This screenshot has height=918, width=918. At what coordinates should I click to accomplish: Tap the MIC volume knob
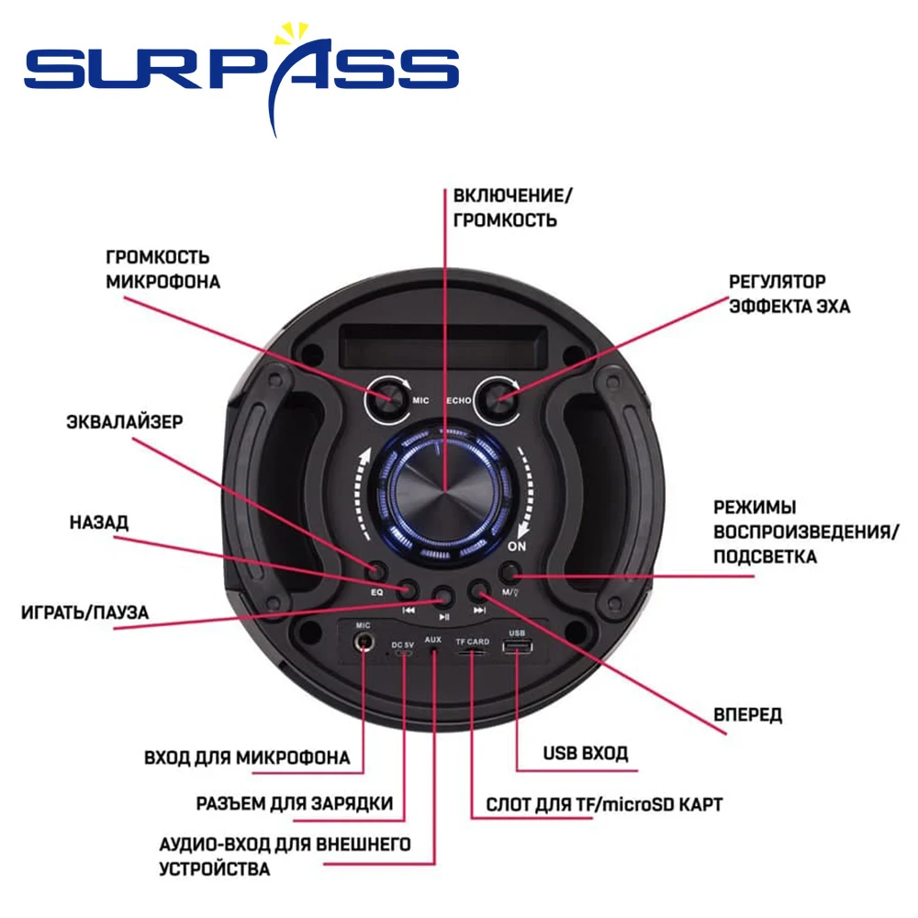tap(389, 397)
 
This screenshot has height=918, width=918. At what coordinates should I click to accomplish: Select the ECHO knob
tap(501, 397)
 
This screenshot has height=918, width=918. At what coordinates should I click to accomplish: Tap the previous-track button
tap(409, 589)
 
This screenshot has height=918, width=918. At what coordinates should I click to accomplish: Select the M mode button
tap(512, 572)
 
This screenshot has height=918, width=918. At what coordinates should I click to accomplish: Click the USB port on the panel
tap(516, 648)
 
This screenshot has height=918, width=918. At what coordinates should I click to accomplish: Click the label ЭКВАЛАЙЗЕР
tap(125, 422)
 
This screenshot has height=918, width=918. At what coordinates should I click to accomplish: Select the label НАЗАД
tap(99, 522)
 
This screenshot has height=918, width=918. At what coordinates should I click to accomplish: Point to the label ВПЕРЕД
tap(748, 715)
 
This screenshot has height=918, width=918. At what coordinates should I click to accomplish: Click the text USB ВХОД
tap(586, 754)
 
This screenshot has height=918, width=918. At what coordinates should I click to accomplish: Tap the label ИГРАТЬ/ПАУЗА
tap(84, 612)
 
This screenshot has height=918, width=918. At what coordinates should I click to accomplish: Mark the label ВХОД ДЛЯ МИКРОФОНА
tap(247, 758)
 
